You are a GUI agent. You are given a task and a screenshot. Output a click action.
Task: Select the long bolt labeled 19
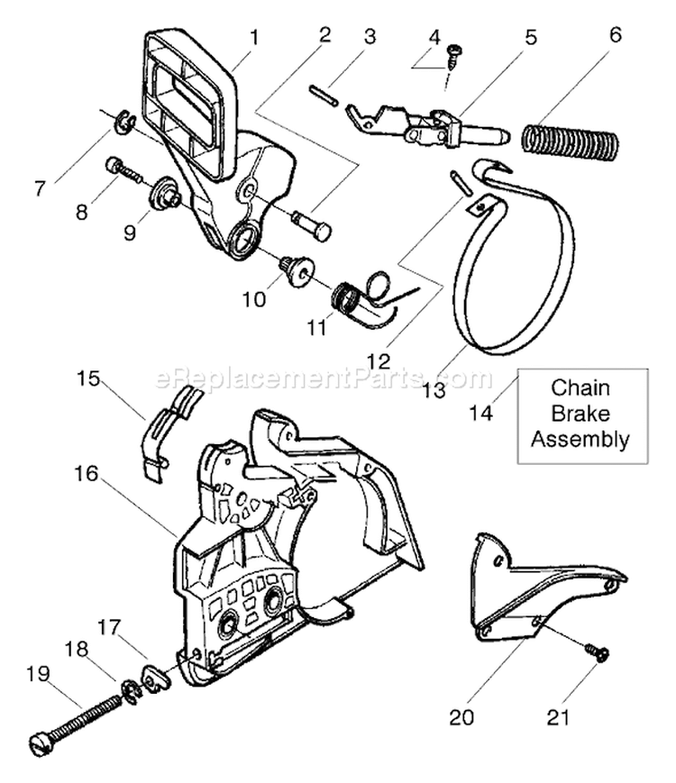coord(77,722)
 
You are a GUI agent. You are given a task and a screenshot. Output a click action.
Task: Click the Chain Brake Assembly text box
coord(581,414)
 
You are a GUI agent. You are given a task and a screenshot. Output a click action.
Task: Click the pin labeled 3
coord(323,95)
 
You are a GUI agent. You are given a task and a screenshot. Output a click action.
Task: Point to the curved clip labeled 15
coord(169,427)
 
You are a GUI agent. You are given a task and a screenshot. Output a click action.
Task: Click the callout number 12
coord(378,360)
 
